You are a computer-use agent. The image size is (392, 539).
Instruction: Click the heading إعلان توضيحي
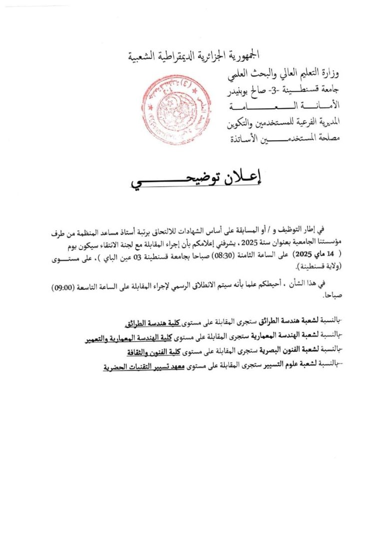(x=196, y=179)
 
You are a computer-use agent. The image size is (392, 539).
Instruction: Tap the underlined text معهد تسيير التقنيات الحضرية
(x=141, y=367)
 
